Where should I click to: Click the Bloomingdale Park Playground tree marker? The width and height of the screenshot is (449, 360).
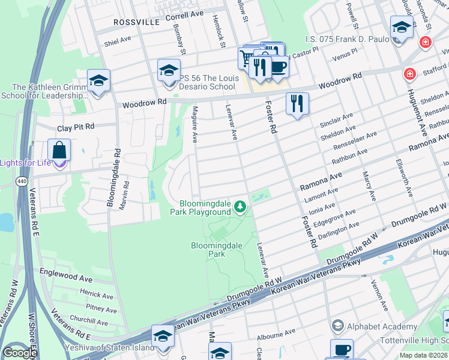click(240, 208)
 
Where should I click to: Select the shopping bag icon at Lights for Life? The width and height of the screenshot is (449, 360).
click(59, 150)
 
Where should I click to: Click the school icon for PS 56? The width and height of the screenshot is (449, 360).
click(169, 70)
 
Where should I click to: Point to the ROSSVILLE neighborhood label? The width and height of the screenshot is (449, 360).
click(136, 22)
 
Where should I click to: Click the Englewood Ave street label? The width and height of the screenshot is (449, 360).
click(65, 278)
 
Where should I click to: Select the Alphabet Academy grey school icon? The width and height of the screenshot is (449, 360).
click(337, 326)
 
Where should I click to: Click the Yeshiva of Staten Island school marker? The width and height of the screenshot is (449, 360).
click(163, 337)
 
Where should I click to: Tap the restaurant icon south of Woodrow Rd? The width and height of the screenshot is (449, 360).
click(297, 103)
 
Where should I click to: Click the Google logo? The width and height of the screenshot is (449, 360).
click(20, 353)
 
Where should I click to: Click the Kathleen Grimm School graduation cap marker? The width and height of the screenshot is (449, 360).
click(98, 80)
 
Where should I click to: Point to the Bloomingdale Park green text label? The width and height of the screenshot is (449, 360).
click(208, 250)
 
